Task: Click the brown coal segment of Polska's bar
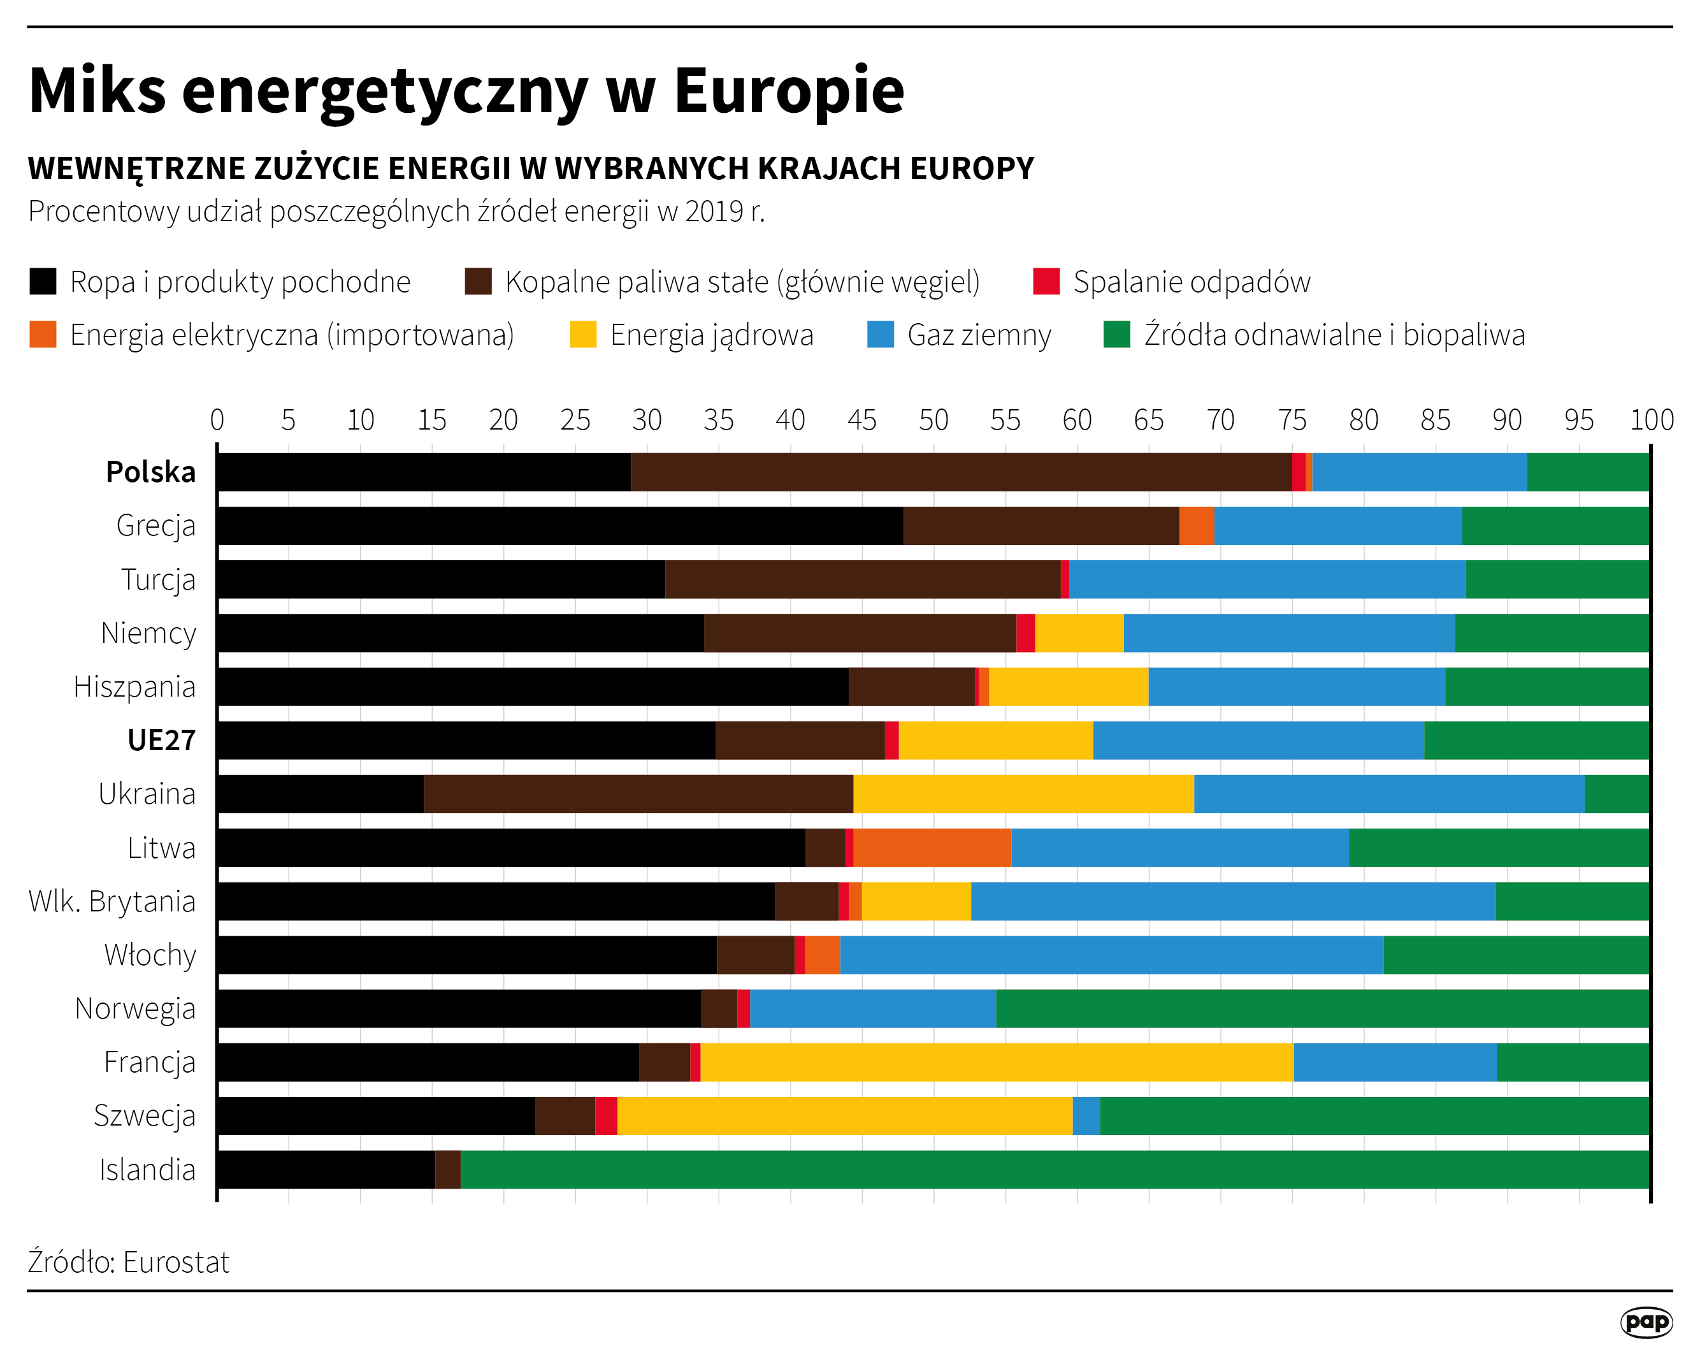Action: [x=960, y=472]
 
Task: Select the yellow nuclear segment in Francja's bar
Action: [x=997, y=1062]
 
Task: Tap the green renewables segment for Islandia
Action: [x=1055, y=1169]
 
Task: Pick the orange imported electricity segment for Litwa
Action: [x=932, y=847]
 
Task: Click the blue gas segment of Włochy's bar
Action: [x=1111, y=954]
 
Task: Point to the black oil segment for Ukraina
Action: [x=320, y=793]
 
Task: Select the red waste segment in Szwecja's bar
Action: [x=605, y=1115]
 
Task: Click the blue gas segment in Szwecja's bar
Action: [x=1086, y=1115]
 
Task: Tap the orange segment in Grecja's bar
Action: [x=1196, y=525]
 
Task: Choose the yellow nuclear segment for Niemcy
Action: [x=1079, y=632]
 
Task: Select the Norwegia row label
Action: [x=135, y=1008]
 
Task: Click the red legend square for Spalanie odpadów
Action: [x=1046, y=282]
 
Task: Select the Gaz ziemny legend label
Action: [x=979, y=335]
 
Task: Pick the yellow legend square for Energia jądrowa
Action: [x=582, y=335]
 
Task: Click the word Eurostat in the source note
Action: [x=176, y=1263]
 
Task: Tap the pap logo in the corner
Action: [x=1646, y=1322]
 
